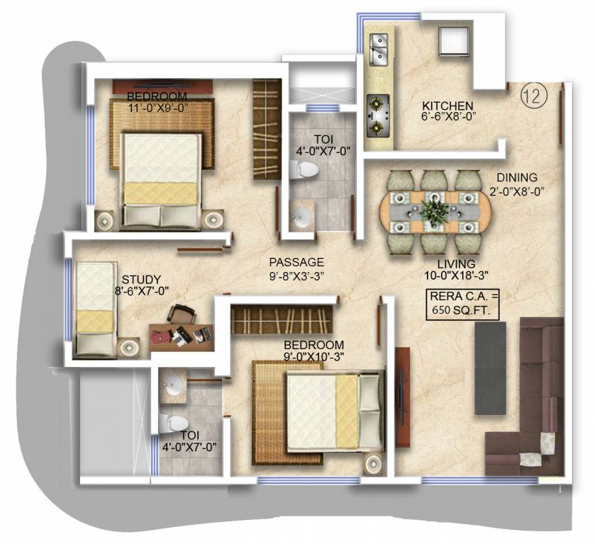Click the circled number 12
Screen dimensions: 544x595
(532, 95)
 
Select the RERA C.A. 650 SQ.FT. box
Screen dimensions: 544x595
(462, 303)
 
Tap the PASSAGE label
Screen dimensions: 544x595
(296, 261)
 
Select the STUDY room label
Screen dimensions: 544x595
(141, 279)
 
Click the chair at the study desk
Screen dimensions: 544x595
(182, 314)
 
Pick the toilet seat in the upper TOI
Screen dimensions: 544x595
(305, 169)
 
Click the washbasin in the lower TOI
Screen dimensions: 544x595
(173, 385)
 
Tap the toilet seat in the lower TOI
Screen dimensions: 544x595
(171, 422)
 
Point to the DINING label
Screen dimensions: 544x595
(516, 178)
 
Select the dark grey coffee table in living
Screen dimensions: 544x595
(490, 367)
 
